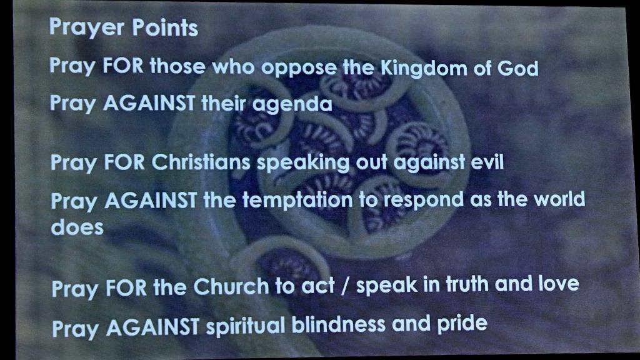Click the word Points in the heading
pyautogui.click(x=165, y=27)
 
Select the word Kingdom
pyautogui.click(x=424, y=67)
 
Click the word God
pyautogui.click(x=517, y=67)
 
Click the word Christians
pyautogui.click(x=201, y=162)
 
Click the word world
pyautogui.click(x=559, y=199)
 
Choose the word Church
pyautogui.click(x=231, y=286)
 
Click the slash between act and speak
pyautogui.click(x=345, y=286)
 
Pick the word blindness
pyautogui.click(x=338, y=324)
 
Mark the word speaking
pyautogui.click(x=303, y=163)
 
